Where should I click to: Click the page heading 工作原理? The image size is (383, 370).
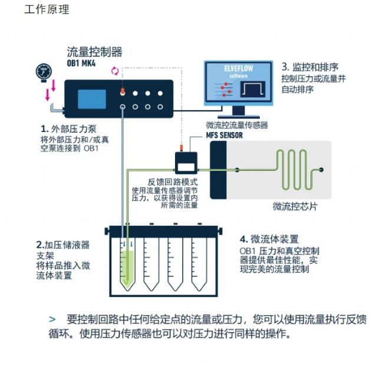47,9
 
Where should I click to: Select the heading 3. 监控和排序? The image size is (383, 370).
313,67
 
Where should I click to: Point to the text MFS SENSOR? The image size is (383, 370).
224,135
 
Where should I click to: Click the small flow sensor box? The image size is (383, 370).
186,160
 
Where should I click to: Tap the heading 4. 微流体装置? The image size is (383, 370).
269,239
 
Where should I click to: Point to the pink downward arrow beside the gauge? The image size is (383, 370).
52,87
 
